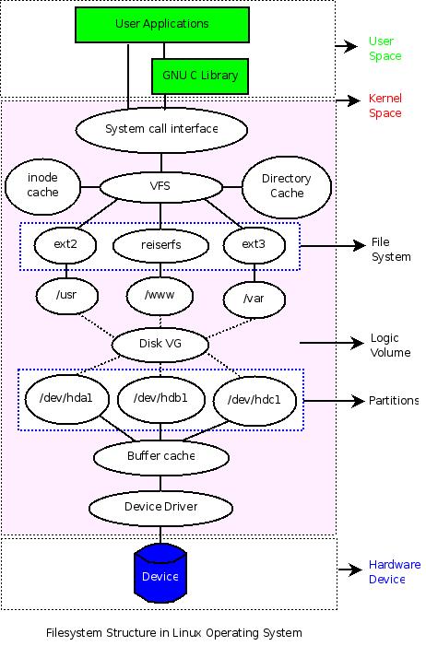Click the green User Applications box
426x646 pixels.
coord(162,23)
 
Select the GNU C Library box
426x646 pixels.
coord(199,76)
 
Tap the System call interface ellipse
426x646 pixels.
coord(161,129)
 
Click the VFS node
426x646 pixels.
coord(160,186)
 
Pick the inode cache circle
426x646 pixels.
coord(42,185)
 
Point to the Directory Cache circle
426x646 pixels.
coord(286,186)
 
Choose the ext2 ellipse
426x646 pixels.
coord(64,244)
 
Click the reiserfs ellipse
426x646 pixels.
coord(160,245)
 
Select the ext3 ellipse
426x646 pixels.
coord(254,244)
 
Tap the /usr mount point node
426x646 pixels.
coord(65,295)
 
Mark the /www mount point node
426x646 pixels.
coord(160,297)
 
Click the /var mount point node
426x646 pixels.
coord(253,299)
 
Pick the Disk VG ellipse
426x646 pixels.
coord(161,345)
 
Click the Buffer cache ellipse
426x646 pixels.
coord(160,455)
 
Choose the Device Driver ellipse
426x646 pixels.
coord(160,506)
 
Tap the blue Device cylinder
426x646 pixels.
coord(160,575)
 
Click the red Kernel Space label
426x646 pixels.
coord(385,106)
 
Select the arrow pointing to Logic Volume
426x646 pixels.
coord(331,344)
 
